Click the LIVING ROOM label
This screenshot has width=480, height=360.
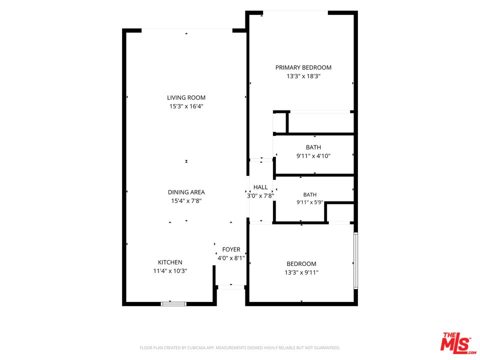(x=186, y=97)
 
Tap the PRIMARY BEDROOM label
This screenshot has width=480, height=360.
(x=303, y=67)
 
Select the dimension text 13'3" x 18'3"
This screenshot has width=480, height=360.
(x=303, y=76)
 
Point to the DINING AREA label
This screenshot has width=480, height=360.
(x=186, y=192)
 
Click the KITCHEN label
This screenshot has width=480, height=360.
(x=170, y=262)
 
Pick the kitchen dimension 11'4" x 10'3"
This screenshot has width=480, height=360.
(x=170, y=271)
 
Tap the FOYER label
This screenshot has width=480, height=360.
(x=231, y=249)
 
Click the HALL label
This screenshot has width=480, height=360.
(x=260, y=187)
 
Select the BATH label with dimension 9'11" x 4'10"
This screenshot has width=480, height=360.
(x=313, y=147)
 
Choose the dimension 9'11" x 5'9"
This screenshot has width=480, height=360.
(x=310, y=202)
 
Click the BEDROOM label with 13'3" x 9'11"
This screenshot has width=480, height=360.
(x=301, y=264)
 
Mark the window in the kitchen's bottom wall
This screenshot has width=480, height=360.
(x=173, y=304)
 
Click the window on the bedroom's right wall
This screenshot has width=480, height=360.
(x=355, y=261)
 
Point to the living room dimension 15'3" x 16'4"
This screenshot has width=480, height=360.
(x=186, y=106)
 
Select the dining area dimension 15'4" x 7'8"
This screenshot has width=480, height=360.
(x=186, y=201)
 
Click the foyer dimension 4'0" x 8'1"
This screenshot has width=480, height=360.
(x=231, y=258)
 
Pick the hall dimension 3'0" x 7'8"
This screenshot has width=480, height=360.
(x=260, y=195)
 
